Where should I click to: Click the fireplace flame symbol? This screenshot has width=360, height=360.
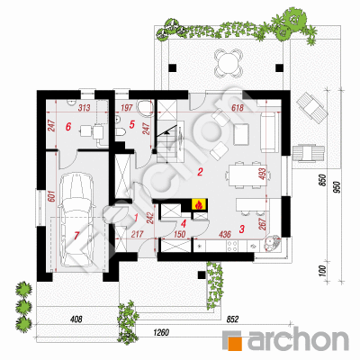click(x=198, y=204)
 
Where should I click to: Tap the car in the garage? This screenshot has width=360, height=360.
click(x=76, y=220)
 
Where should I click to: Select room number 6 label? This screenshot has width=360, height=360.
click(x=68, y=127)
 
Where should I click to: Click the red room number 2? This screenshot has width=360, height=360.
click(x=200, y=172)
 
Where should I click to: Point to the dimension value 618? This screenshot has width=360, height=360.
click(x=238, y=108)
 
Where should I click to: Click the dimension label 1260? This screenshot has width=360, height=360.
click(x=161, y=332)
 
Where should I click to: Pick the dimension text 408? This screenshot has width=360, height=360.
click(x=76, y=319)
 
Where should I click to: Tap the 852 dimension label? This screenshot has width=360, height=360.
click(x=232, y=319)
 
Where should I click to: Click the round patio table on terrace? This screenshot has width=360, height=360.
click(x=228, y=63)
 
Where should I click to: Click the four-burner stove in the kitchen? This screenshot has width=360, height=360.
click(x=232, y=246)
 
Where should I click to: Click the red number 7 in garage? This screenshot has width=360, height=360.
click(x=76, y=236)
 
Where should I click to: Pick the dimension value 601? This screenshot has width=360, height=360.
click(x=51, y=197)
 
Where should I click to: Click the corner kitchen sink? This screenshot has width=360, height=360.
click(x=272, y=243)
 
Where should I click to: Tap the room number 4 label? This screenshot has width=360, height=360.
click(x=184, y=223)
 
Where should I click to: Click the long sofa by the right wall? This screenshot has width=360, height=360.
click(x=269, y=132)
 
